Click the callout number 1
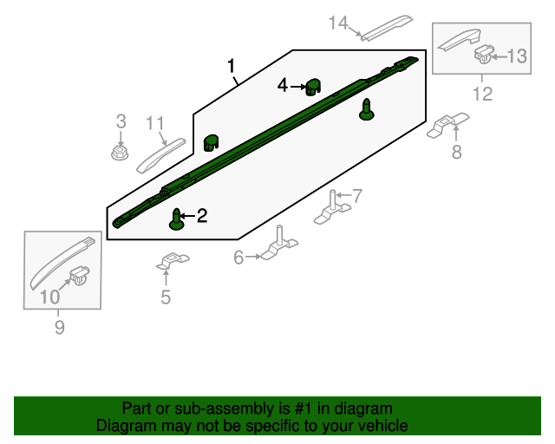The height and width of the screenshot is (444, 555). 232,66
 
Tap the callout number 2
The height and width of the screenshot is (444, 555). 202,216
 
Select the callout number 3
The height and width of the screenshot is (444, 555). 121,121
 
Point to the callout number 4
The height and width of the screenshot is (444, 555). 283,85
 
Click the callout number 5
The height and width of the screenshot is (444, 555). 166,298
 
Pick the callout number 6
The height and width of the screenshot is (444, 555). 238,257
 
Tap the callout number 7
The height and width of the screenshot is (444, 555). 357,195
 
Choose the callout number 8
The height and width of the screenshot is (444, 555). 456,153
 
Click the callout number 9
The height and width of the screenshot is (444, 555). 60,327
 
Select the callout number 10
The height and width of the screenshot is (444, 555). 51,297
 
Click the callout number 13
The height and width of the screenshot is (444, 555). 516,56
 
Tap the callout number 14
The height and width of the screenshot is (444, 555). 338,23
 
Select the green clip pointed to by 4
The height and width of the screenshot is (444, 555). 312,86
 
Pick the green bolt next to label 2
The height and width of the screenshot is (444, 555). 178,219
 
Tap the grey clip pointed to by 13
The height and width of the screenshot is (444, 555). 482,56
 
